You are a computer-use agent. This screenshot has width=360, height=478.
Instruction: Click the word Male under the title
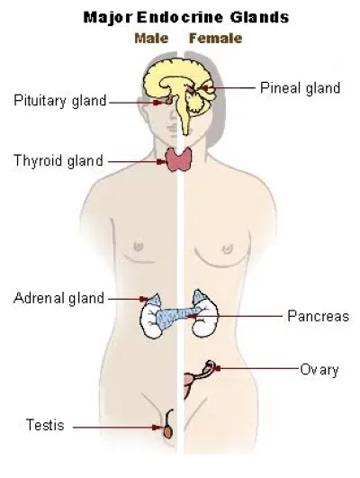(151, 39)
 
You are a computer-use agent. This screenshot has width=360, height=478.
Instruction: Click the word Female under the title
(216, 39)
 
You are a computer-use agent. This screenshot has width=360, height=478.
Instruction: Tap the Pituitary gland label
(60, 101)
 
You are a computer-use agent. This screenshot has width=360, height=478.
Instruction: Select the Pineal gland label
(301, 88)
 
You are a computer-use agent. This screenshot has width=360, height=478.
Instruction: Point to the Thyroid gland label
(58, 160)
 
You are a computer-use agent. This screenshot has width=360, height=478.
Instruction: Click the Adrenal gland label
(58, 298)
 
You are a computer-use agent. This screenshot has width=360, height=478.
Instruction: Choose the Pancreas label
(319, 316)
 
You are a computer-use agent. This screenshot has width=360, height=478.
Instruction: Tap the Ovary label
(319, 370)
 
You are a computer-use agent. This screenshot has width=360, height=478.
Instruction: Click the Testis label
(45, 425)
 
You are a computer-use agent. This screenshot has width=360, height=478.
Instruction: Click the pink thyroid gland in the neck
(178, 159)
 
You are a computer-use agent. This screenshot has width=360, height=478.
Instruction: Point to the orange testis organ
(168, 431)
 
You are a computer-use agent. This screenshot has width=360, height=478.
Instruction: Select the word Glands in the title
(259, 17)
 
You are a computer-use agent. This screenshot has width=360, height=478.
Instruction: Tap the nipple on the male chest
(139, 246)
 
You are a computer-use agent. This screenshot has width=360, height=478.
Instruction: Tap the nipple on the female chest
(228, 248)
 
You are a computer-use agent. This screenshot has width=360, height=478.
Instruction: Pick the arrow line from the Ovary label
(256, 368)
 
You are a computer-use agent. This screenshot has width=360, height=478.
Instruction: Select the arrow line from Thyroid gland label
(137, 162)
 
